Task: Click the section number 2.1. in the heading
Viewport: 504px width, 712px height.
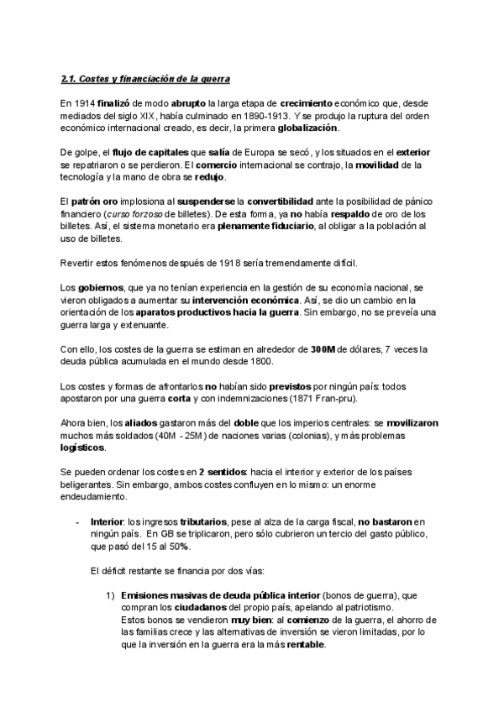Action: tap(71, 78)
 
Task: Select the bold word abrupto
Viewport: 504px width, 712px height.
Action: tap(190, 103)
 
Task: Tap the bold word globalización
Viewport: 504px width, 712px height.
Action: tap(307, 127)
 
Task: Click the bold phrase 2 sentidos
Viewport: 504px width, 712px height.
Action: tap(222, 473)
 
